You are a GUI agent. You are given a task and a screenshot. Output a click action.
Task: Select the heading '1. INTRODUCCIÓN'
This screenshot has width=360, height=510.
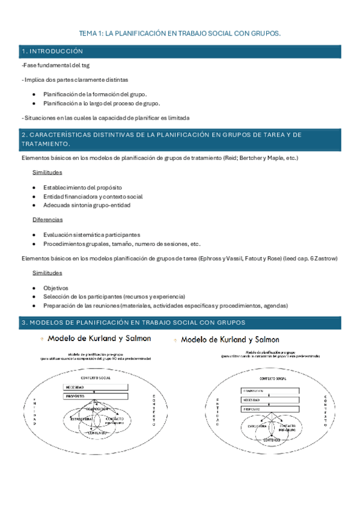tap(52, 52)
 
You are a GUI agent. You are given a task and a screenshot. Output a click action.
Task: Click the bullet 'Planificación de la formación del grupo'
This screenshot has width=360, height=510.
tap(95, 94)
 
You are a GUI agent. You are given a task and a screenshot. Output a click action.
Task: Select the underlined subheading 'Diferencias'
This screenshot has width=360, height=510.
tap(48, 220)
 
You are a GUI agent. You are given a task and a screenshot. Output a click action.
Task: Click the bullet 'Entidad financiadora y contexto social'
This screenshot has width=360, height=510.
tap(93, 197)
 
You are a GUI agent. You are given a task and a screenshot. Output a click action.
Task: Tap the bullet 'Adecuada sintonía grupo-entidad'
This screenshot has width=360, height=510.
tap(87, 205)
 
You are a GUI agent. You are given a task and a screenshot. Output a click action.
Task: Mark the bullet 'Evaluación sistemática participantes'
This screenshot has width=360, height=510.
tap(91, 235)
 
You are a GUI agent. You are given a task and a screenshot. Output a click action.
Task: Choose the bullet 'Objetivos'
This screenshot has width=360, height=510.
tap(56, 288)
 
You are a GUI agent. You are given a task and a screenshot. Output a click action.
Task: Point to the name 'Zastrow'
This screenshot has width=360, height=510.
tap(326, 259)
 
